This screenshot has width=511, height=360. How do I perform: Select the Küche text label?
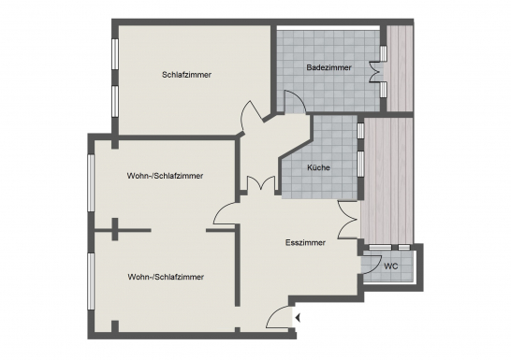(x=318, y=168)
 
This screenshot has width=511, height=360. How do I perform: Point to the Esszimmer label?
(x=305, y=242)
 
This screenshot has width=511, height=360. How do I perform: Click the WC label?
(x=391, y=266)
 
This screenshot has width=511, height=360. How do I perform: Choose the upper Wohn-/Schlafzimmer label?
(x=165, y=176)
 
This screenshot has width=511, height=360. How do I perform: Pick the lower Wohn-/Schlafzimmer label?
(x=165, y=277)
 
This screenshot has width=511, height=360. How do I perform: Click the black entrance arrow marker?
(x=298, y=320)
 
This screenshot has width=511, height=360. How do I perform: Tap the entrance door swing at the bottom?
(x=278, y=319)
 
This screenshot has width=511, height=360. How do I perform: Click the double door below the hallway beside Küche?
(x=259, y=183)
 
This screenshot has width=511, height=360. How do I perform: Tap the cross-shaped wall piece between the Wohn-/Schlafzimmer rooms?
(x=114, y=230)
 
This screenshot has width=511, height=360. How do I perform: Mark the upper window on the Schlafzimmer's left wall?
(x=114, y=56)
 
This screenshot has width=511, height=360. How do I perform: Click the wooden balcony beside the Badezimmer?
(x=400, y=67)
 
